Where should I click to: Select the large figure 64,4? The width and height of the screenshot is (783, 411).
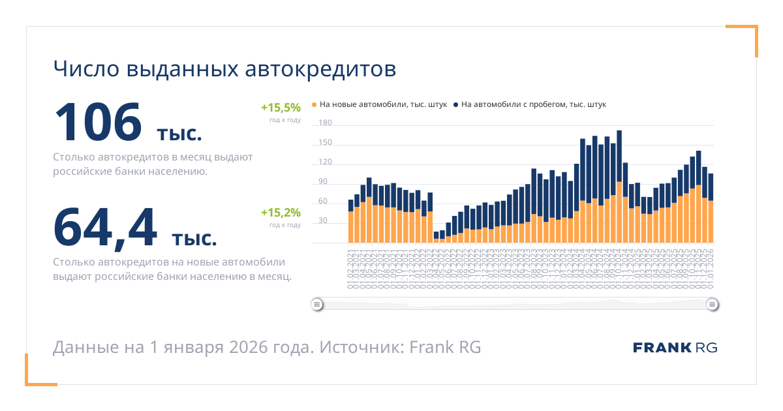tap(105, 228)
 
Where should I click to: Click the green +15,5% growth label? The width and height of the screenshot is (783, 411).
tap(281, 107)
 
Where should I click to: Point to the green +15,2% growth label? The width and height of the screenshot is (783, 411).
tap(281, 213)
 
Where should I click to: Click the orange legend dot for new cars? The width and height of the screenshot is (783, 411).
tap(315, 104)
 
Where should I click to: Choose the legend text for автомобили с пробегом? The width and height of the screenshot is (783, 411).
tap(534, 104)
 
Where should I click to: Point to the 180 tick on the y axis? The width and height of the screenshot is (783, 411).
tap(325, 123)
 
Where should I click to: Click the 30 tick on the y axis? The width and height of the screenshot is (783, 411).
tap(323, 221)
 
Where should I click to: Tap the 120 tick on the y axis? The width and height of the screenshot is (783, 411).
tap(325, 162)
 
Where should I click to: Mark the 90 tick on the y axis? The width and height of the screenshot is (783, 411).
tap(323, 182)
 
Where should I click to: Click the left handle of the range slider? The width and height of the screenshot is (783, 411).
tap(316, 304)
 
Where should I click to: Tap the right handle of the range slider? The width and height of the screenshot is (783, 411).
tap(713, 304)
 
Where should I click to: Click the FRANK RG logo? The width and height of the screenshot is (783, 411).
tap(675, 347)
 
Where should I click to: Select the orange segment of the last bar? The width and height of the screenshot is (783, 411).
tap(711, 222)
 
